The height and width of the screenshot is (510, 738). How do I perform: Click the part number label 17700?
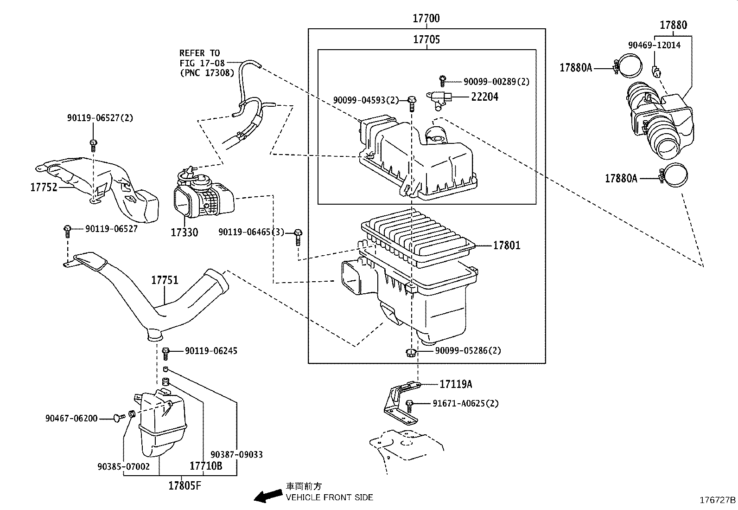(x=426, y=19)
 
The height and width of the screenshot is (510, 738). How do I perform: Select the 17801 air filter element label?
(x=506, y=245)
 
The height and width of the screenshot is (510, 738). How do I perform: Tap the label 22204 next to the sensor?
(x=484, y=97)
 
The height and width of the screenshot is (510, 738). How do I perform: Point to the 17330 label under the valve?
(x=184, y=232)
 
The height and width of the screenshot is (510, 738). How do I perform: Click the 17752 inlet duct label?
(x=44, y=187)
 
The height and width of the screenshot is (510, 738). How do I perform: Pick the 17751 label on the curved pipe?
(x=165, y=280)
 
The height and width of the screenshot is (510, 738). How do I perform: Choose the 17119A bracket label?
(x=456, y=384)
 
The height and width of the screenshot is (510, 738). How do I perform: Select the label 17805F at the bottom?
(x=184, y=486)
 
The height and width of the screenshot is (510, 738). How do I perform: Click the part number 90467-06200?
(x=71, y=418)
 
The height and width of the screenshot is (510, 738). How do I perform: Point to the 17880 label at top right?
(x=673, y=25)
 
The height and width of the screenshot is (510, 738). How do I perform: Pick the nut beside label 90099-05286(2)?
(x=410, y=353)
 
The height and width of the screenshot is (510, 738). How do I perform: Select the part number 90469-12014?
(x=654, y=45)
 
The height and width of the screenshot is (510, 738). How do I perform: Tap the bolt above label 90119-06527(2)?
(x=93, y=144)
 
